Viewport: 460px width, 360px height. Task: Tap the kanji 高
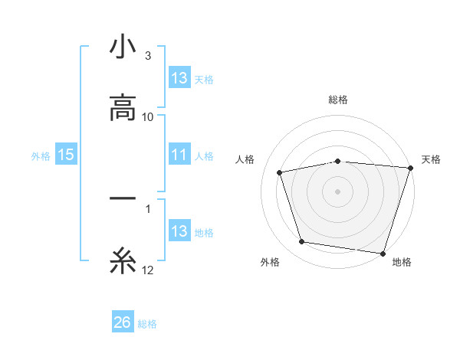click(x=123, y=108)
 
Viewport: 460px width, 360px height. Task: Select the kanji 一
click(x=123, y=199)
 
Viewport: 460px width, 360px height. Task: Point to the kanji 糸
click(x=123, y=261)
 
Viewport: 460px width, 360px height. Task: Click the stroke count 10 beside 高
click(x=149, y=116)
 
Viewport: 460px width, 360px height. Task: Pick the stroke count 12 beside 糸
click(x=149, y=270)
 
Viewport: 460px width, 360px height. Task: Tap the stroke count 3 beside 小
click(x=148, y=56)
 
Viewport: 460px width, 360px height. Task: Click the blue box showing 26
click(x=123, y=322)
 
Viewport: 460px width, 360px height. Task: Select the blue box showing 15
click(x=66, y=155)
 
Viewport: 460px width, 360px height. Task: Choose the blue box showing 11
click(x=179, y=155)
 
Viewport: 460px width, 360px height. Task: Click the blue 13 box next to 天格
click(x=179, y=78)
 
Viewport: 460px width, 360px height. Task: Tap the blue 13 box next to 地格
click(x=179, y=231)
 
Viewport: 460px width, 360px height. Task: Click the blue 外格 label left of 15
click(x=41, y=155)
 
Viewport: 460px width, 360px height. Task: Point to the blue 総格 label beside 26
click(x=147, y=323)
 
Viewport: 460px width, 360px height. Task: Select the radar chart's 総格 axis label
click(x=338, y=100)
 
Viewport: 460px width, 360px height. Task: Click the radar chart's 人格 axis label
click(x=246, y=159)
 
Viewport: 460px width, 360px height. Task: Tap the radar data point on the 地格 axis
click(x=383, y=252)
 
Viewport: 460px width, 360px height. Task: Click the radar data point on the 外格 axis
click(x=302, y=242)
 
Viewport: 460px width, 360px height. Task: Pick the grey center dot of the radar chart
click(x=338, y=191)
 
